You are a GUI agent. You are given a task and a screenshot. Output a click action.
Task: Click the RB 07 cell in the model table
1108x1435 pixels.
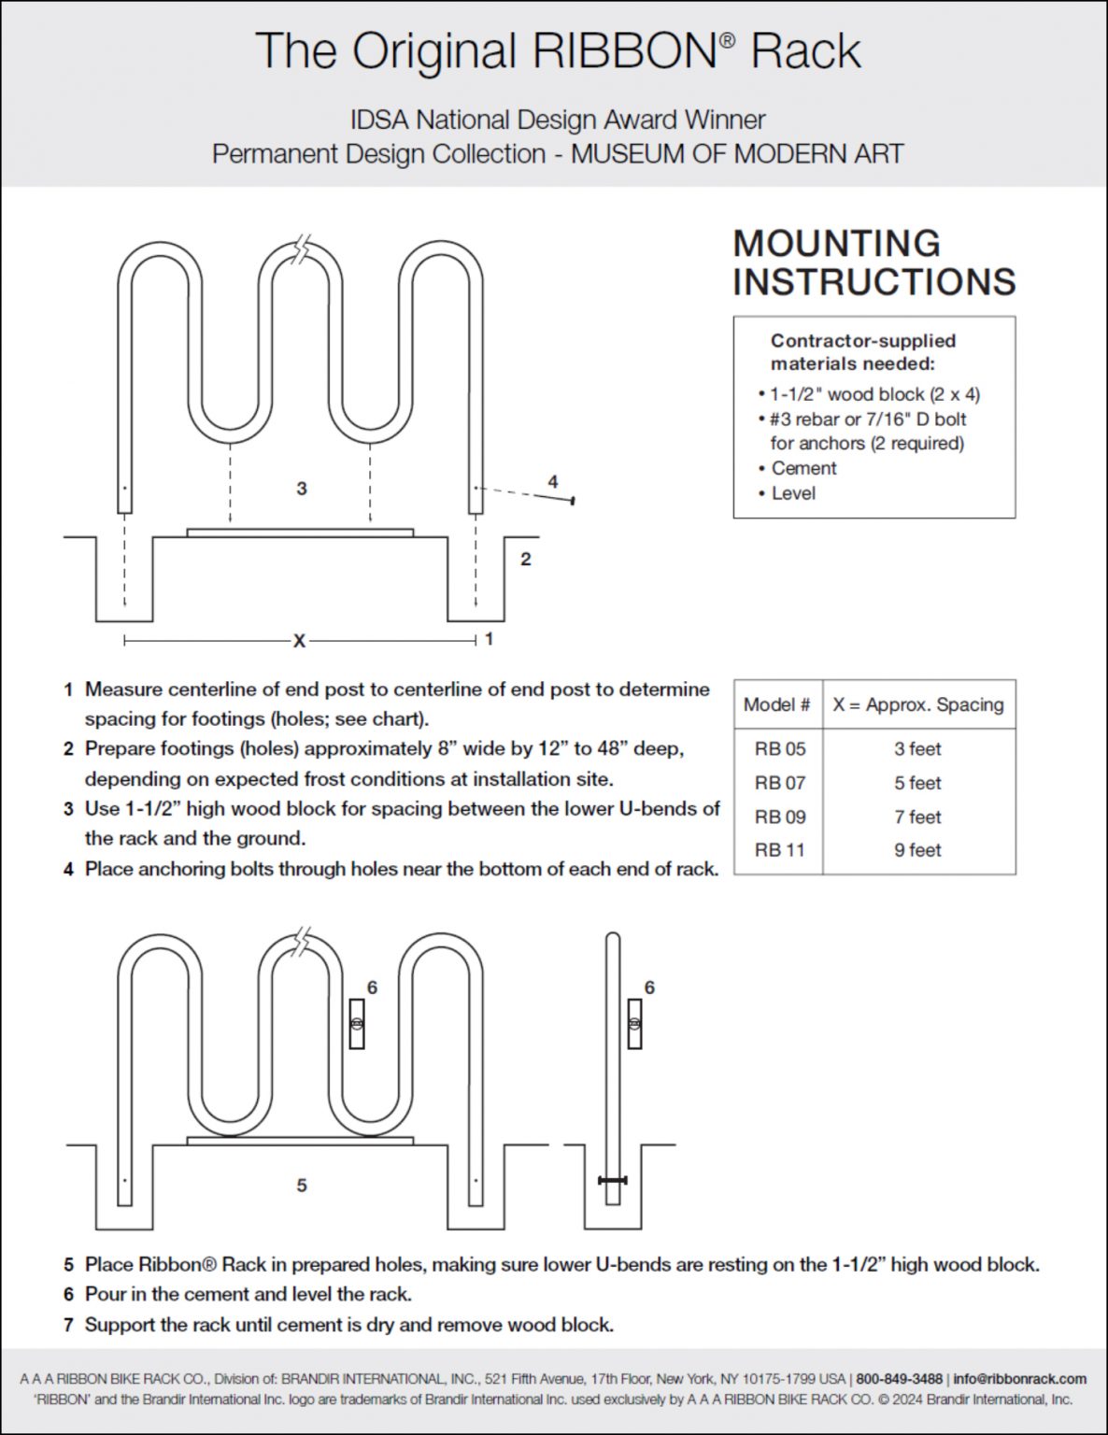(x=779, y=783)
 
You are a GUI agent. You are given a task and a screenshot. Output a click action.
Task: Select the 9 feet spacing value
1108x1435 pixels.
(x=917, y=850)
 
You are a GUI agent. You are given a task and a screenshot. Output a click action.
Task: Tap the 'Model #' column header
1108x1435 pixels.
(x=776, y=704)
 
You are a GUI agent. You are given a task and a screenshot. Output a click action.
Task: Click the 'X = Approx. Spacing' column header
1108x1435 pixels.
(x=918, y=704)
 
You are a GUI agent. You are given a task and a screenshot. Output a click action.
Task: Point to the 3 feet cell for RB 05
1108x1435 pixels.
(x=917, y=749)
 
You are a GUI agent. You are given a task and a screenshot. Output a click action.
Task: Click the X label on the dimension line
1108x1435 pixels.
(x=299, y=641)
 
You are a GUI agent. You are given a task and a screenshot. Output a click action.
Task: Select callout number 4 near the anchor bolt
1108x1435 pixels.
(x=553, y=482)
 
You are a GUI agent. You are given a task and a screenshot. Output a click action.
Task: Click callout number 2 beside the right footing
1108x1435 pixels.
(x=526, y=559)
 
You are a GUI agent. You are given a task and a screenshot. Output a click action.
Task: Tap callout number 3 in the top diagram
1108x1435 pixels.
(x=301, y=489)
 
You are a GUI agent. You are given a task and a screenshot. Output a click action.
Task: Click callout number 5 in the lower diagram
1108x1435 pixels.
(x=301, y=1185)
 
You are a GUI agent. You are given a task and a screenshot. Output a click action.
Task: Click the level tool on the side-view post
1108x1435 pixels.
(x=635, y=1024)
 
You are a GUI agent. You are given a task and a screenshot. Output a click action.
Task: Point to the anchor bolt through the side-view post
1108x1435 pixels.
(x=613, y=1181)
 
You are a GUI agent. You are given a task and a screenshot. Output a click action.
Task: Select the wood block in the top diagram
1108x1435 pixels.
(x=300, y=533)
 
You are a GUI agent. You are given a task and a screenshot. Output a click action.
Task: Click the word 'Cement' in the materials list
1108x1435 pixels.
(x=803, y=468)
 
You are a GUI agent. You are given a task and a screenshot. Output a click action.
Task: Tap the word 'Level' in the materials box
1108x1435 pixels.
(x=793, y=493)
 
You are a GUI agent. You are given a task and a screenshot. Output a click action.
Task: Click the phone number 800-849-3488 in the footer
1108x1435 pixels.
(x=899, y=1379)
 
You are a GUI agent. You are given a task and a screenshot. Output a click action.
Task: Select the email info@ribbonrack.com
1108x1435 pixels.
(x=1019, y=1379)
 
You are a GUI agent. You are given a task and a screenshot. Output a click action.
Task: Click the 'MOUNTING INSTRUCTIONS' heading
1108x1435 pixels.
(x=874, y=263)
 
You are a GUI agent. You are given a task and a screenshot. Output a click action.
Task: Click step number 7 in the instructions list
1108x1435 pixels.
(x=68, y=1325)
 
